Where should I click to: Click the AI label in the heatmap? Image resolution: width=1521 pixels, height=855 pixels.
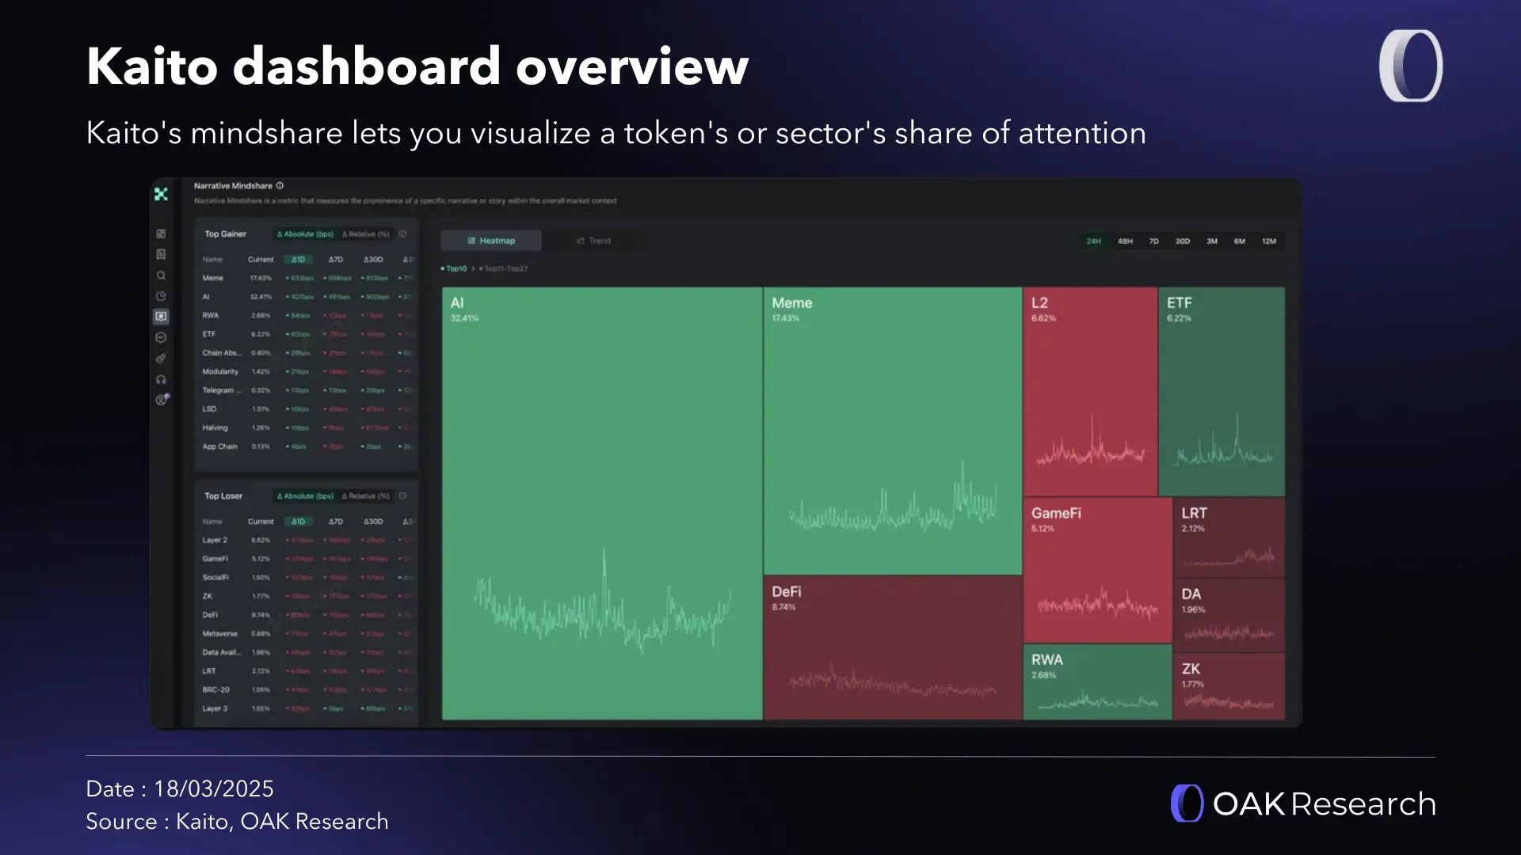457,303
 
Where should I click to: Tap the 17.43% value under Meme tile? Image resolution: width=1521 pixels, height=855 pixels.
785,318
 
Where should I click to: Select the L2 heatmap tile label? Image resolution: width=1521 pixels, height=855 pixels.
1039,303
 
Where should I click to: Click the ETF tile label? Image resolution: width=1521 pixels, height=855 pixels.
1179,303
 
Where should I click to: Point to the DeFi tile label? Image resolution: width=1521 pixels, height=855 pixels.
786,592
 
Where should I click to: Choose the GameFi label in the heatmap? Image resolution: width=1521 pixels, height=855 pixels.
1056,514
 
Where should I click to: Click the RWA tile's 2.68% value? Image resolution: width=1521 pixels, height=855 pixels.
1043,675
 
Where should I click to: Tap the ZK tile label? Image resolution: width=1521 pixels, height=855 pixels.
1191,669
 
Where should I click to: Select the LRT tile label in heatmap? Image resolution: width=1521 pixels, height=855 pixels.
1194,514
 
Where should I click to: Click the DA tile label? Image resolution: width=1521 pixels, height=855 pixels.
1191,595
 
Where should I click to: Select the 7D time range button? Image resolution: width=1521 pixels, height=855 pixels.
1153,241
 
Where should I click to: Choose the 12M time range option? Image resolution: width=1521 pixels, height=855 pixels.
1268,241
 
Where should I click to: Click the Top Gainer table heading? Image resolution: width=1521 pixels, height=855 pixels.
225,234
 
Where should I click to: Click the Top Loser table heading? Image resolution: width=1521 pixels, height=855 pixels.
223,496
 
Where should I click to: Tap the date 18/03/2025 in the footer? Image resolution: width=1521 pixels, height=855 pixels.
213,789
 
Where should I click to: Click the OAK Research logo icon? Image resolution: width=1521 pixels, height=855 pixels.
1187,804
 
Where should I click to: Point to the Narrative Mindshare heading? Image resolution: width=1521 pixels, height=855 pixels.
233,186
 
